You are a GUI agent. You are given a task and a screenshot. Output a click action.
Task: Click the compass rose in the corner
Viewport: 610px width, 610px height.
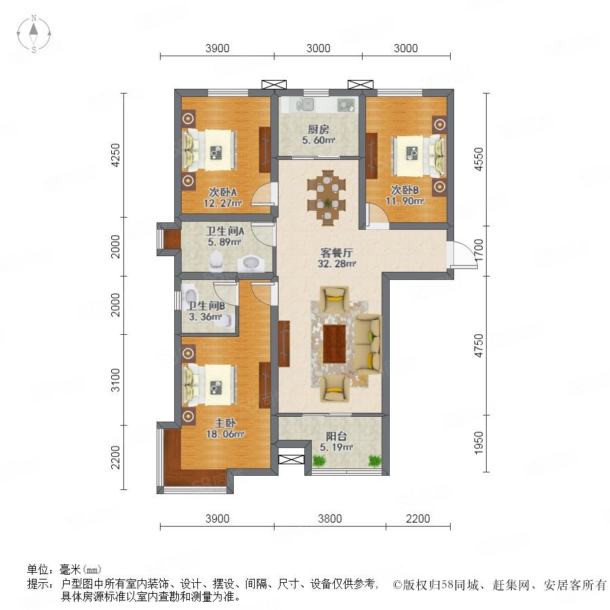click(x=34, y=34)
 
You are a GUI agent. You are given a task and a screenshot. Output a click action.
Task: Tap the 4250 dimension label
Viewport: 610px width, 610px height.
click(x=116, y=155)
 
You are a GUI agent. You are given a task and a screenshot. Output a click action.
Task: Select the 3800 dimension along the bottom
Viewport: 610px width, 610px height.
click(x=330, y=518)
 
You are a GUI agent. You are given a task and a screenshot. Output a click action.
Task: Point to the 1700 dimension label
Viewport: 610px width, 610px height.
click(x=479, y=250)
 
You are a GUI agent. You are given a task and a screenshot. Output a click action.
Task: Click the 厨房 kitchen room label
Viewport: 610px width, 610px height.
click(x=319, y=129)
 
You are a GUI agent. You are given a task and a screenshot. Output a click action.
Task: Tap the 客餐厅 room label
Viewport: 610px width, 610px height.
click(x=336, y=253)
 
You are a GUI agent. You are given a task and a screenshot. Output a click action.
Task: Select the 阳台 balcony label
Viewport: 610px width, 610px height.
click(x=336, y=436)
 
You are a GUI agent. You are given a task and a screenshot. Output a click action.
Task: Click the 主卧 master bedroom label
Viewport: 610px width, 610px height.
click(x=224, y=423)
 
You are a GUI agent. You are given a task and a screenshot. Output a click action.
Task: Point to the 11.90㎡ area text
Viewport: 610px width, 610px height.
click(x=405, y=201)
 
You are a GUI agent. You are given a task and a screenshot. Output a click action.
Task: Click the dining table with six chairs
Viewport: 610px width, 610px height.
click(x=327, y=198)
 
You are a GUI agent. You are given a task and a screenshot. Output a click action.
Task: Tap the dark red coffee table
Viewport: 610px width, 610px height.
click(x=334, y=344)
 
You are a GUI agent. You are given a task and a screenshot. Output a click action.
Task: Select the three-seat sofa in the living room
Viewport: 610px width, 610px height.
click(x=368, y=344)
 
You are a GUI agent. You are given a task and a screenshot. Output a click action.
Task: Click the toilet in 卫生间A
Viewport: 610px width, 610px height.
click(x=216, y=260)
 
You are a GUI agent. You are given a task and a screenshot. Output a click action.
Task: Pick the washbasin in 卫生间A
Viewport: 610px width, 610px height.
click(x=250, y=264)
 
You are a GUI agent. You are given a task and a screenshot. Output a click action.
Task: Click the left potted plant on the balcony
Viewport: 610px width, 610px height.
click(x=319, y=461)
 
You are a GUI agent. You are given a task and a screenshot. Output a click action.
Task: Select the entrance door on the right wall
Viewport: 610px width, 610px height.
click(x=462, y=255)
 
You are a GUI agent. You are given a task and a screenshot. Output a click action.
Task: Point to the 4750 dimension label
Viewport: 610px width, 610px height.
click(x=479, y=345)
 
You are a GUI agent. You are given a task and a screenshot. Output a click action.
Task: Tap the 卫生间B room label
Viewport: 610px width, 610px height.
click(x=205, y=306)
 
